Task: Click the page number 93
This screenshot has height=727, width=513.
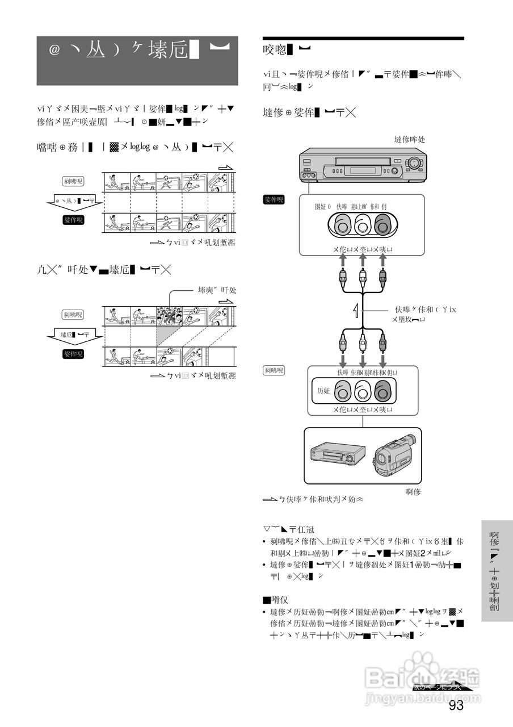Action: (456, 705)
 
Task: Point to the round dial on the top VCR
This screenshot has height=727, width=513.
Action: (414, 162)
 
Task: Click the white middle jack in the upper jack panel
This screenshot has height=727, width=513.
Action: (362, 226)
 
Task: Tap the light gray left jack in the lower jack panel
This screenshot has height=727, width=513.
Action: (342, 392)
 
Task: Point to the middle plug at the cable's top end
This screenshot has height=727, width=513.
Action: (363, 278)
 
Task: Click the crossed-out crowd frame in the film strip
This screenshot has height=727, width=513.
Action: (169, 316)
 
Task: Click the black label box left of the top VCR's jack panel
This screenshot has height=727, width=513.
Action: (274, 200)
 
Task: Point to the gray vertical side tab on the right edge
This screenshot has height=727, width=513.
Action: (497, 571)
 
